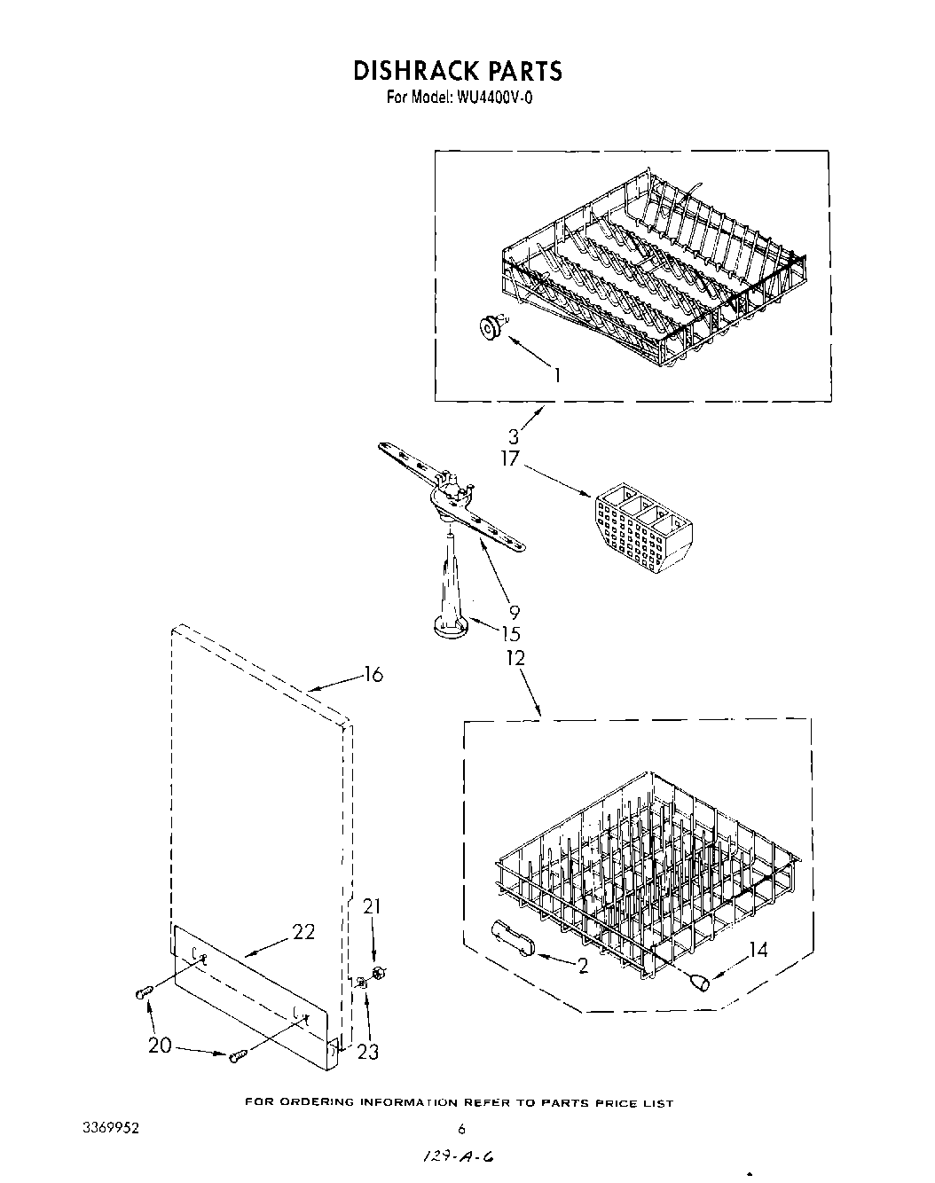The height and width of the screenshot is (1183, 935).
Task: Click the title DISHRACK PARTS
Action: (x=458, y=71)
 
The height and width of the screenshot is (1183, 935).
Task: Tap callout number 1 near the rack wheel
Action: (x=557, y=375)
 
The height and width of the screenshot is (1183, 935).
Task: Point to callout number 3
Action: (x=514, y=436)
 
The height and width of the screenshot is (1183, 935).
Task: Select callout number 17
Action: (x=509, y=460)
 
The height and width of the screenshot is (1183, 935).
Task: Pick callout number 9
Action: (x=515, y=611)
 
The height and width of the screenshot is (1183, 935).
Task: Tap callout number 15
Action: (x=510, y=634)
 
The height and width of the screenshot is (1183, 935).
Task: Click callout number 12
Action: (x=515, y=658)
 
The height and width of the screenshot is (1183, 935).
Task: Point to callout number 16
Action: (x=373, y=675)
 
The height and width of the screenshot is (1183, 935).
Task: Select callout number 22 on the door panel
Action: (x=303, y=932)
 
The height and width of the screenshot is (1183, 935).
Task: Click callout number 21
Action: (x=373, y=906)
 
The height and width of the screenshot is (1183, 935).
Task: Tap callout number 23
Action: (x=367, y=1052)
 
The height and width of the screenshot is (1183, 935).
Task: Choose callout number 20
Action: (x=160, y=1046)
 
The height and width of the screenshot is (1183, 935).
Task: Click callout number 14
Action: (x=758, y=950)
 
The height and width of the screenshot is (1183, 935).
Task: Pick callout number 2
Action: (x=583, y=966)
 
